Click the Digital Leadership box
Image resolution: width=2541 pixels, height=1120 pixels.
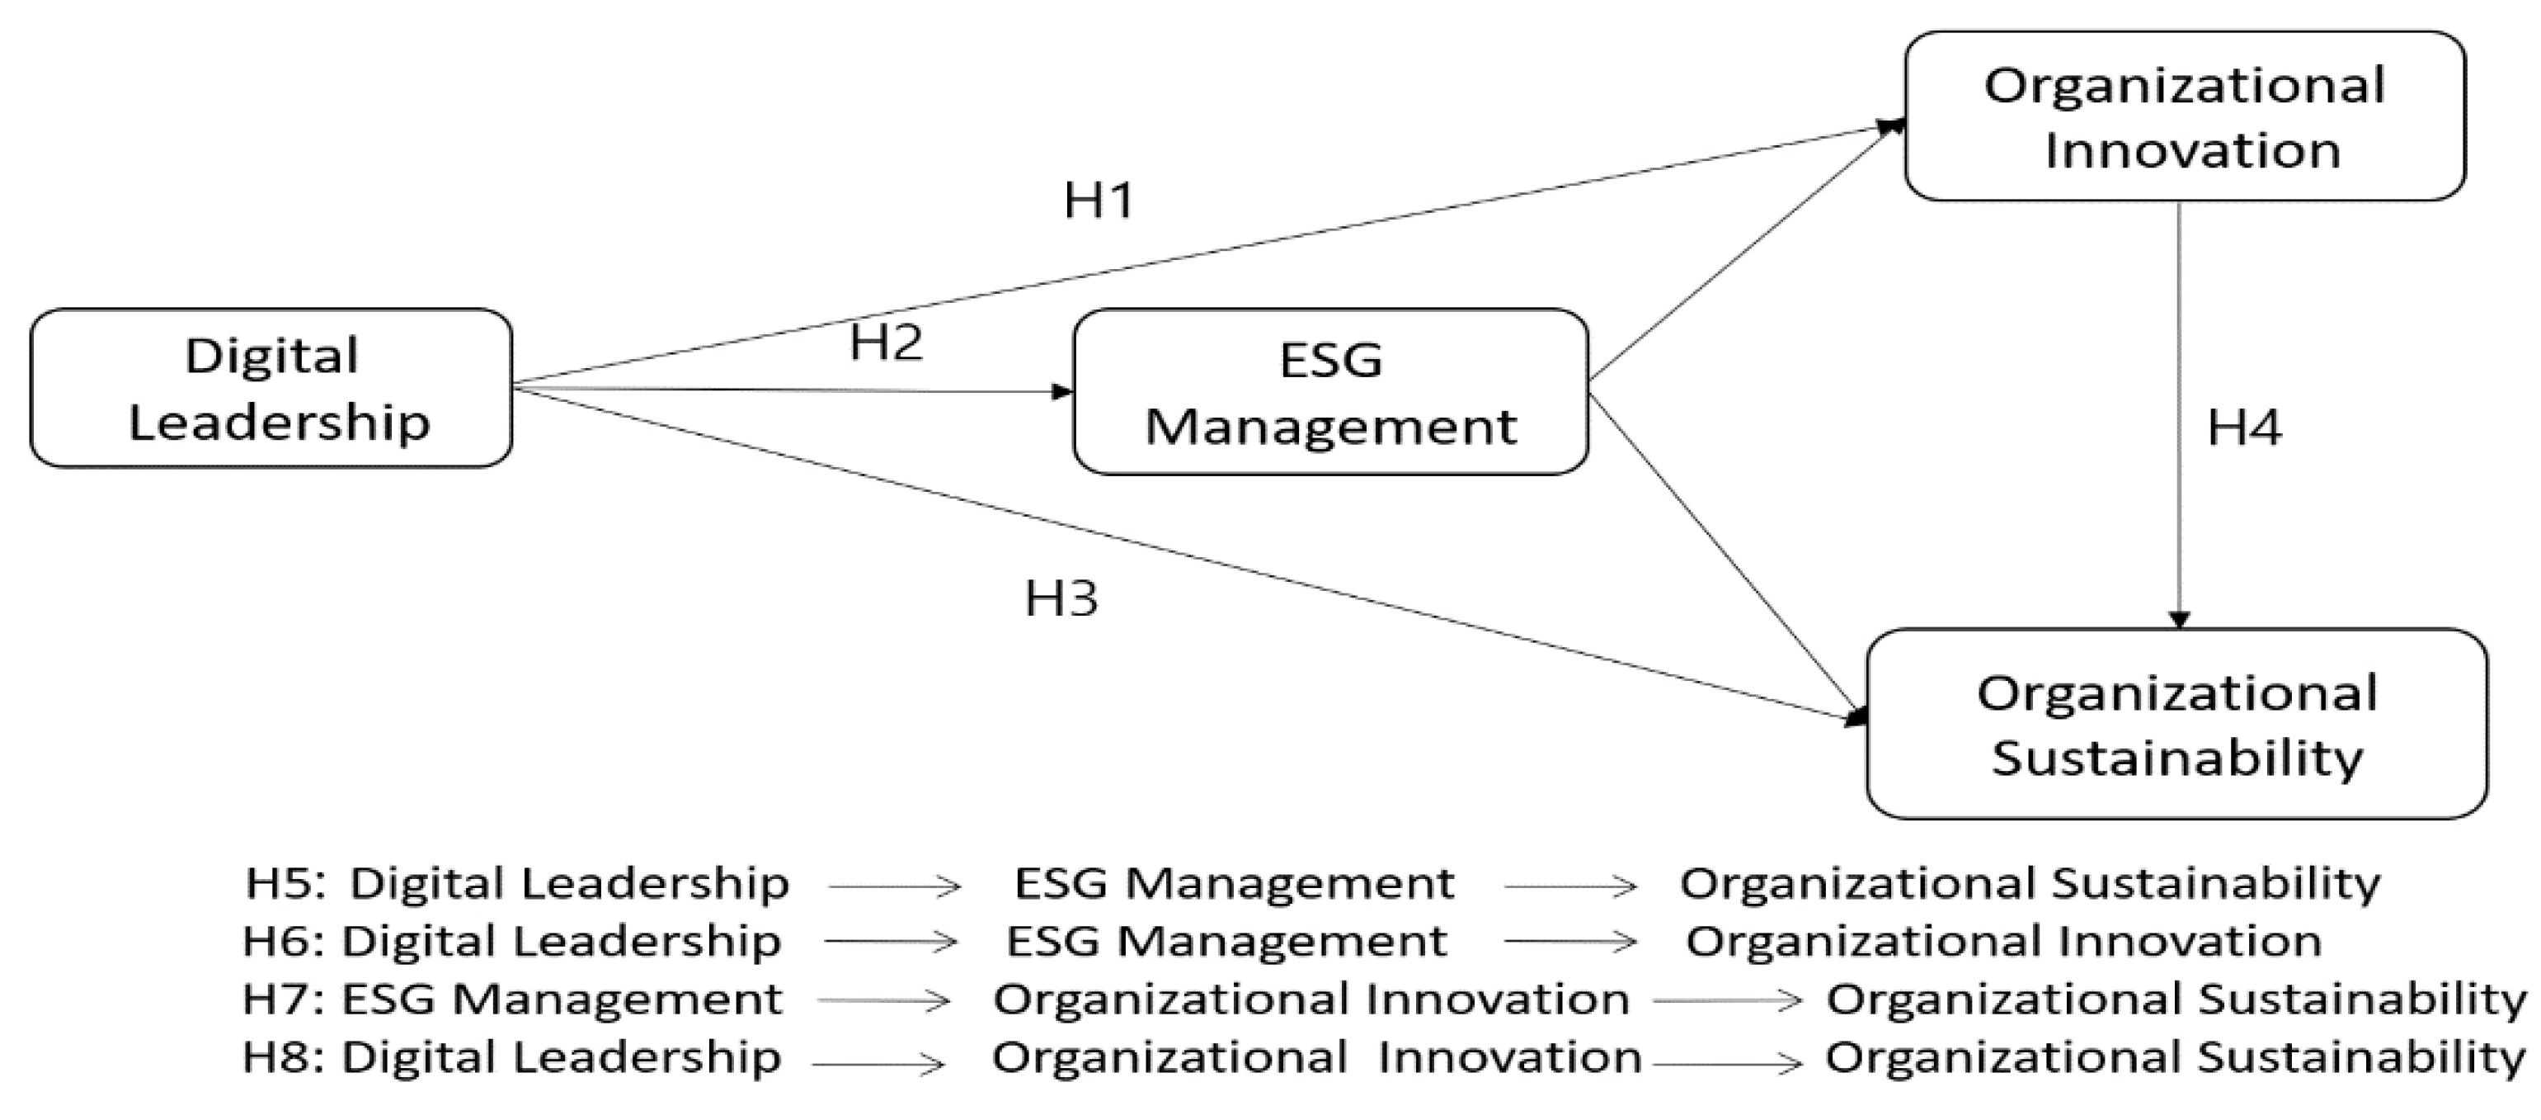pos(271,388)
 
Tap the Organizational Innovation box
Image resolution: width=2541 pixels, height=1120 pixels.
pos(2184,116)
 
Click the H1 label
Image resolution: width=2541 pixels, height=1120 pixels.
pos(1099,201)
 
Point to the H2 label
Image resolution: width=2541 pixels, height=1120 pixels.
pos(886,343)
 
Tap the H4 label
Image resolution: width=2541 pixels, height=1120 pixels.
pos(2244,428)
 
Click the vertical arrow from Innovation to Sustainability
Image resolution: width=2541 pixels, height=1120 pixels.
pos(2179,414)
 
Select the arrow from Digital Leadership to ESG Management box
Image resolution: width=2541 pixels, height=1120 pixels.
pos(789,390)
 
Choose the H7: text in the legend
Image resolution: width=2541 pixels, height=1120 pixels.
pos(282,999)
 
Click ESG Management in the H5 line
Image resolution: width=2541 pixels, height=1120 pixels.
pos(1234,883)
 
